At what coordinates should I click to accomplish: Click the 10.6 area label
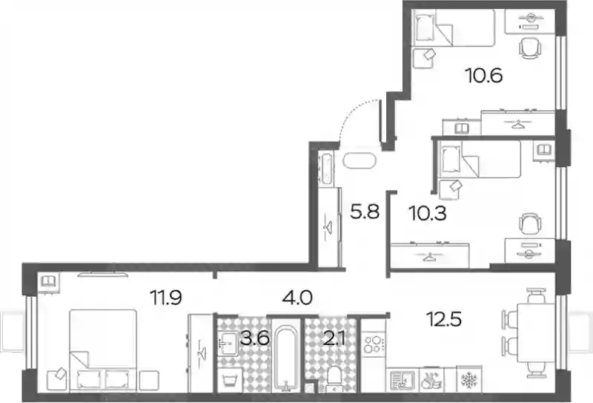tap(484, 76)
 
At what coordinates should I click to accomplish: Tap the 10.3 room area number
tap(428, 213)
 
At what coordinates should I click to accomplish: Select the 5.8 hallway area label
tap(365, 212)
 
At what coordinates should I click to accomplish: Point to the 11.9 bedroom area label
tap(166, 298)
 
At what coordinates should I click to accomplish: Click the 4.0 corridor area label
tap(297, 298)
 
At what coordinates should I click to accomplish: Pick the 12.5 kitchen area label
tap(444, 319)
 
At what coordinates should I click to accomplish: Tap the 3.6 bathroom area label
tap(254, 338)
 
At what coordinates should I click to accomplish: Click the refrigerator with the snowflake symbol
tap(469, 379)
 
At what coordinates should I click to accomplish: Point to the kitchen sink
tap(402, 380)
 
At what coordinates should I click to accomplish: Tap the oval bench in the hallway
tap(360, 161)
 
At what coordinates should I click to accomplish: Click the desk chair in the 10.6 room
tap(530, 48)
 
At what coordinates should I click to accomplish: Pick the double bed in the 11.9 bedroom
tap(103, 350)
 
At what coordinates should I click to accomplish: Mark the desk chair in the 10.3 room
tap(530, 224)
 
